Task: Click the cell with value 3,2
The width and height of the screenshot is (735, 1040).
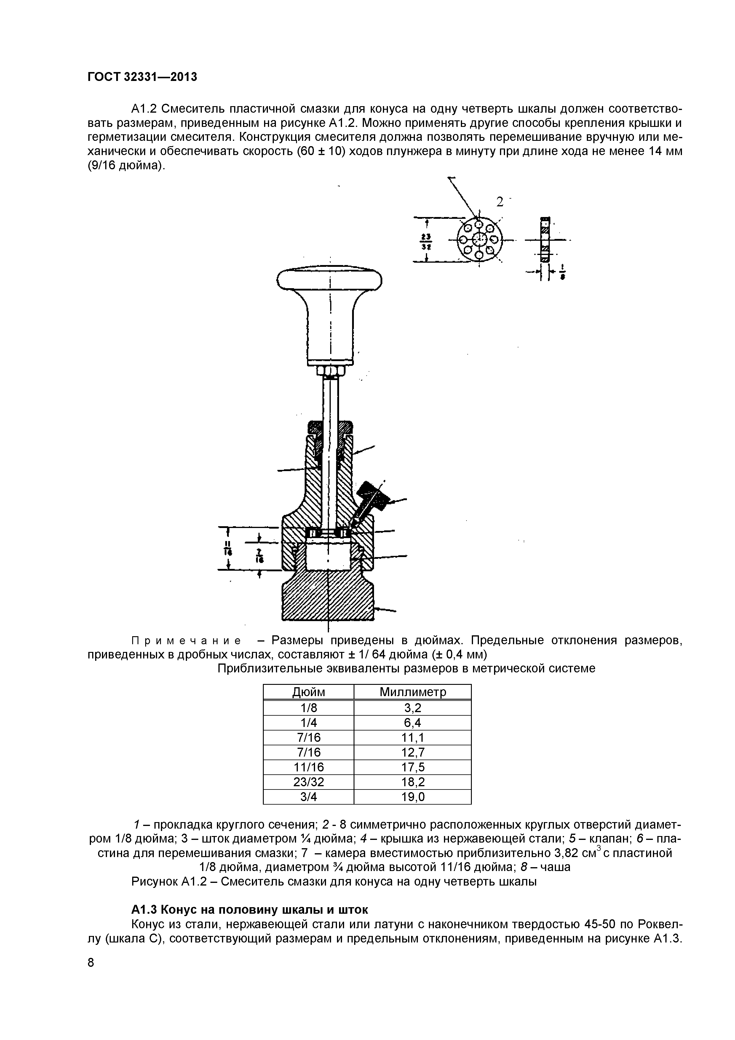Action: pyautogui.click(x=413, y=708)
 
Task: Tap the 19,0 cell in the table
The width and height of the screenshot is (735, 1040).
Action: pyautogui.click(x=413, y=797)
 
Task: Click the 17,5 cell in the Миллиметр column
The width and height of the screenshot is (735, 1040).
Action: pyautogui.click(x=413, y=767)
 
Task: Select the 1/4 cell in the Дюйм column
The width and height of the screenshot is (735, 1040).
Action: pyautogui.click(x=309, y=722)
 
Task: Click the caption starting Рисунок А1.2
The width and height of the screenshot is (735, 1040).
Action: pyautogui.click(x=333, y=882)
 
